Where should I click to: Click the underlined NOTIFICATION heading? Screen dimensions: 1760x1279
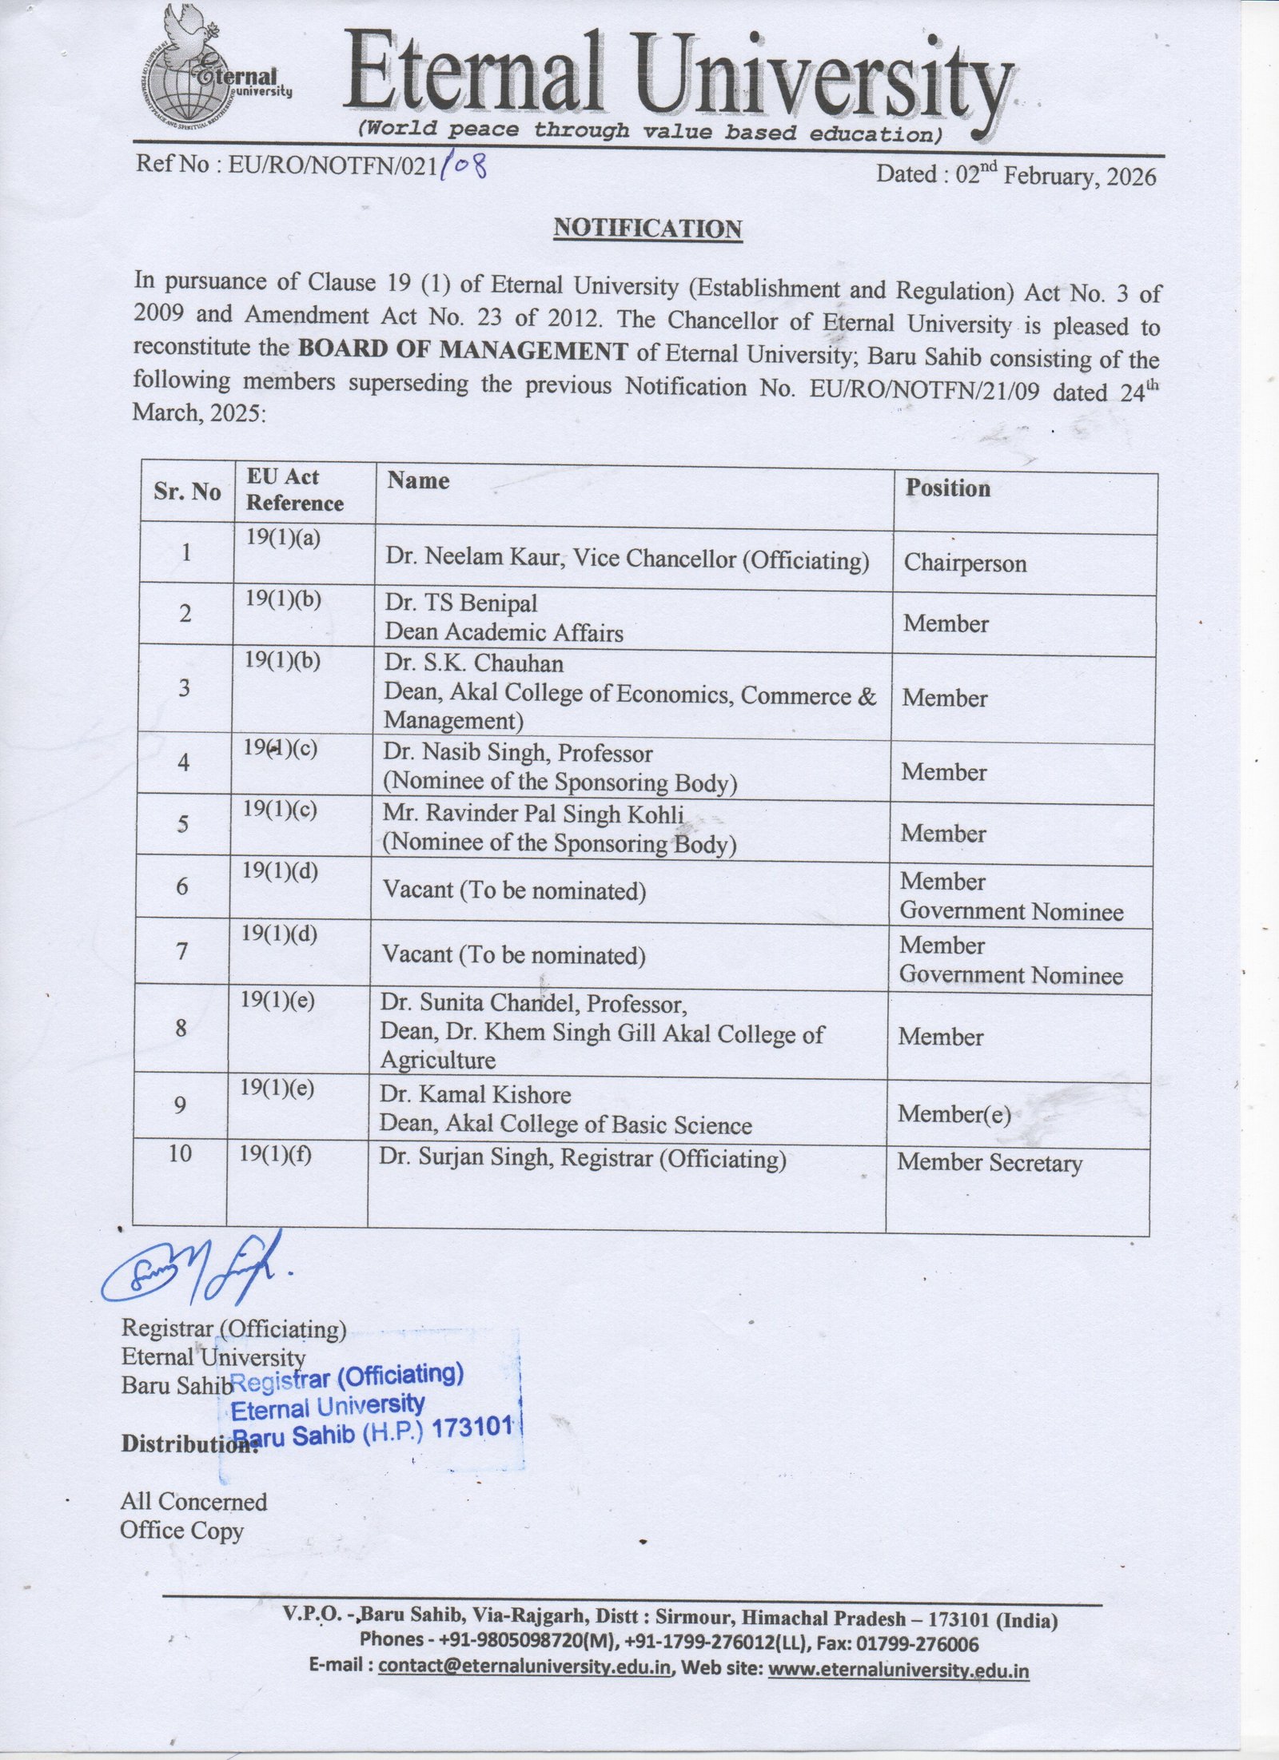point(647,229)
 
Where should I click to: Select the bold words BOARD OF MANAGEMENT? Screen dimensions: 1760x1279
point(462,350)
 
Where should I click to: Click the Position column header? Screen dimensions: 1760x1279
point(947,488)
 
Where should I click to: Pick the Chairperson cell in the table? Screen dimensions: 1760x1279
point(965,563)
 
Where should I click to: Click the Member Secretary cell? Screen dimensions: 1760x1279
point(989,1163)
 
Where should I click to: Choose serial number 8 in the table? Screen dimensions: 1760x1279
point(181,1028)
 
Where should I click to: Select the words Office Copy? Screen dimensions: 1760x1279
point(181,1531)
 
